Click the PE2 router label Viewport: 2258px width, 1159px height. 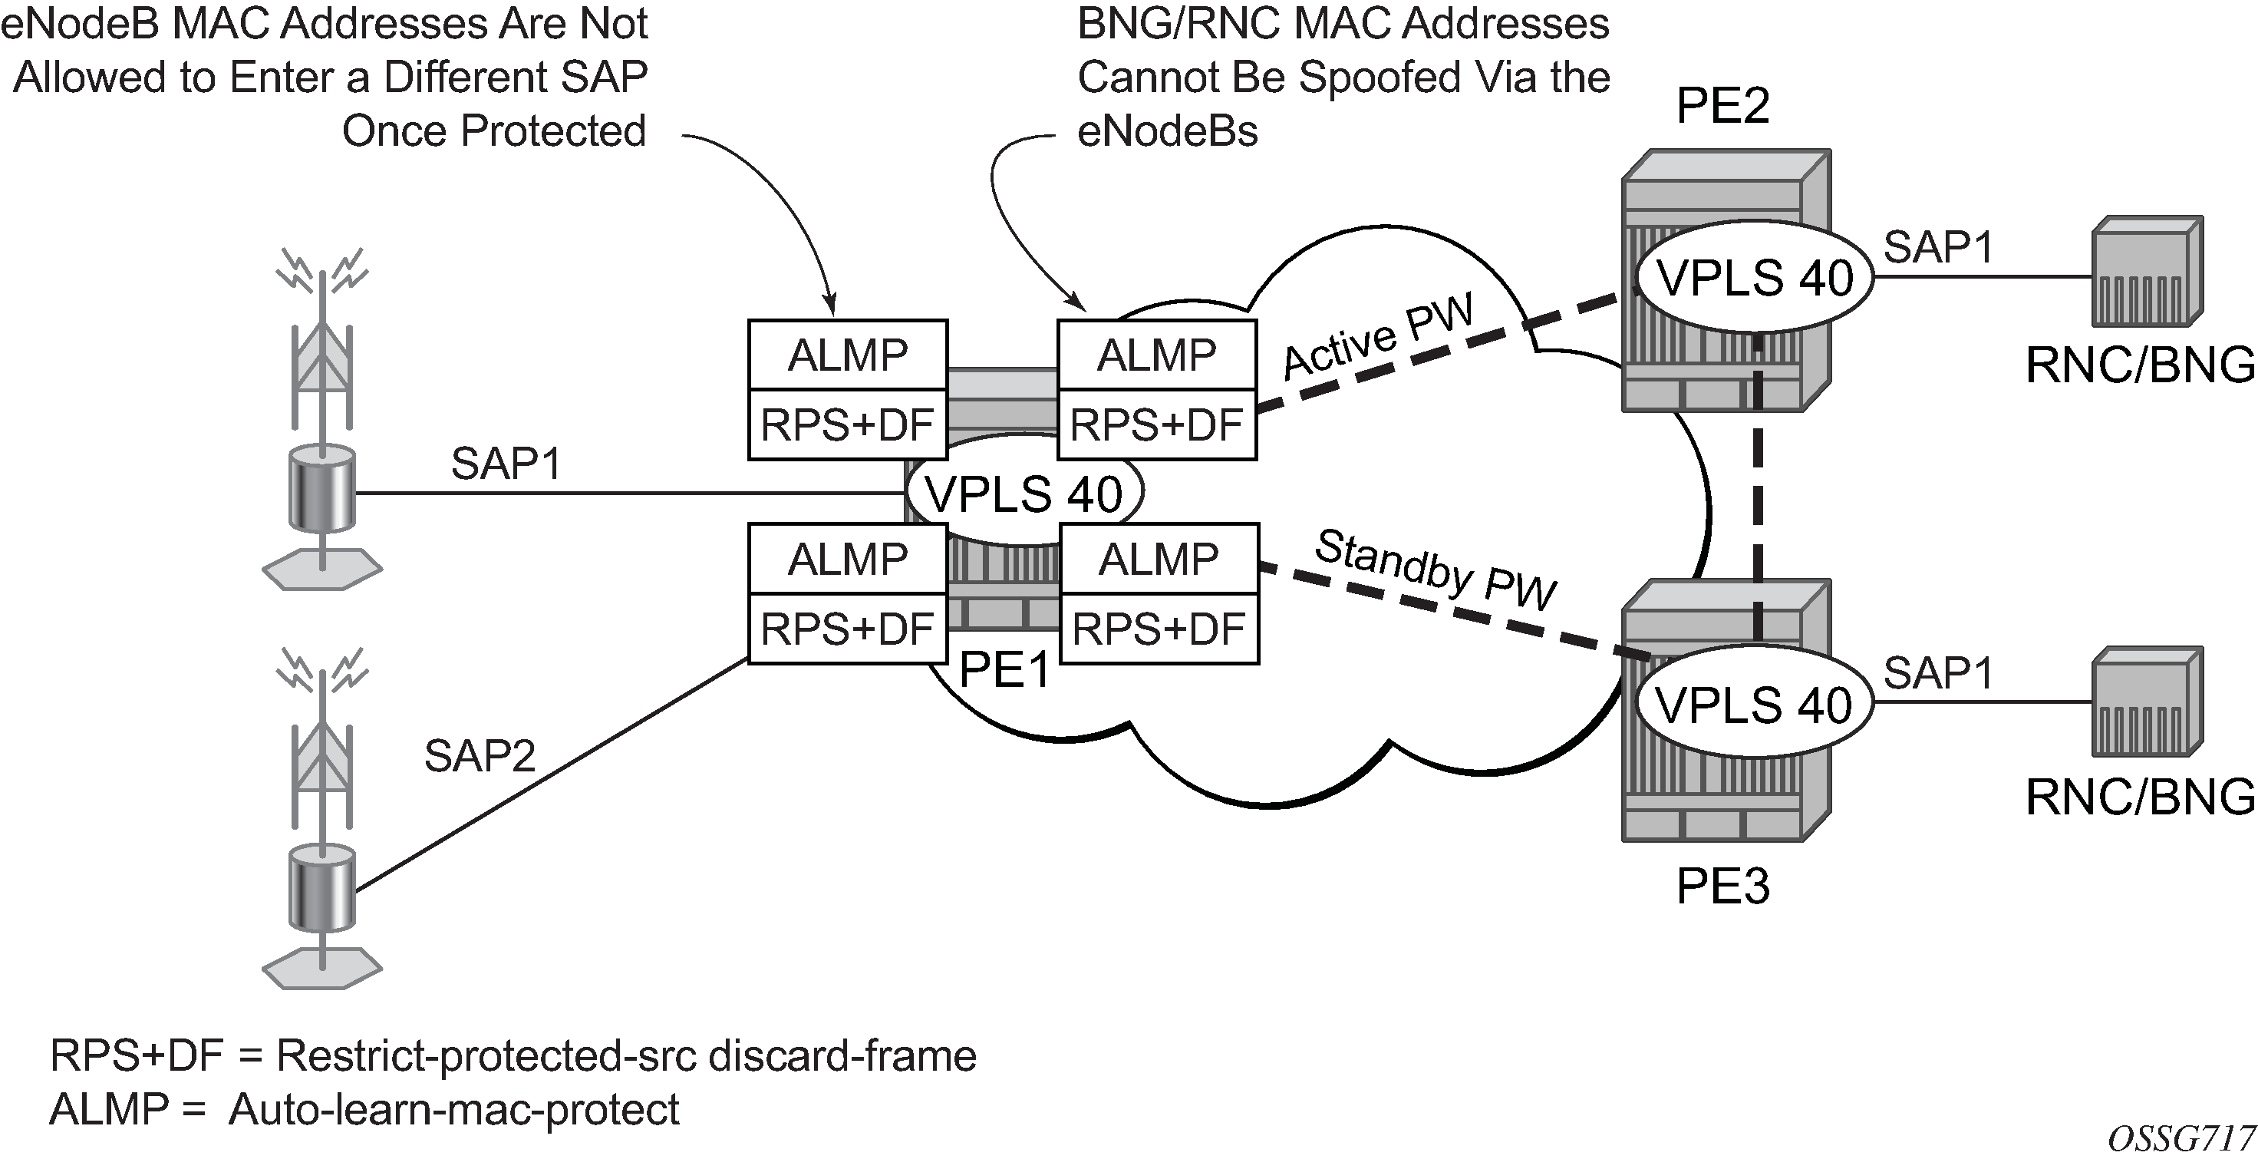pyautogui.click(x=1722, y=107)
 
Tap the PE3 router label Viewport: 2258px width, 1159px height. pyautogui.click(x=1722, y=887)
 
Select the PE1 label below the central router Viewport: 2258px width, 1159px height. pyautogui.click(x=1004, y=670)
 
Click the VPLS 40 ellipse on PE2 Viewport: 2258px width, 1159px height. pyautogui.click(x=1755, y=278)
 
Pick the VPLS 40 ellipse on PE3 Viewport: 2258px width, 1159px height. pyautogui.click(x=1753, y=705)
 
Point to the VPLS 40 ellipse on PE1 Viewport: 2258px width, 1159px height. pyautogui.click(x=1024, y=494)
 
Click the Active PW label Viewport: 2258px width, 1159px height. pyautogui.click(x=1379, y=338)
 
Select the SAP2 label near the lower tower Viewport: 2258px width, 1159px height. pyautogui.click(x=480, y=756)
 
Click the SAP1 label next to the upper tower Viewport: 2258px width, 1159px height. pyautogui.click(x=506, y=464)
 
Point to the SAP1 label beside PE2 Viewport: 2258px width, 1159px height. pyautogui.click(x=1939, y=247)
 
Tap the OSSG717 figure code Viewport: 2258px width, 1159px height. pyautogui.click(x=2181, y=1138)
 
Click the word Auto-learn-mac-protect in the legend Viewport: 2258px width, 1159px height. pyautogui.click(x=454, y=1110)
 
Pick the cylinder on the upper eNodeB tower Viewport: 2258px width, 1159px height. pyautogui.click(x=322, y=490)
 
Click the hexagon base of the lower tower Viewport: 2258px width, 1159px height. pyautogui.click(x=322, y=969)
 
